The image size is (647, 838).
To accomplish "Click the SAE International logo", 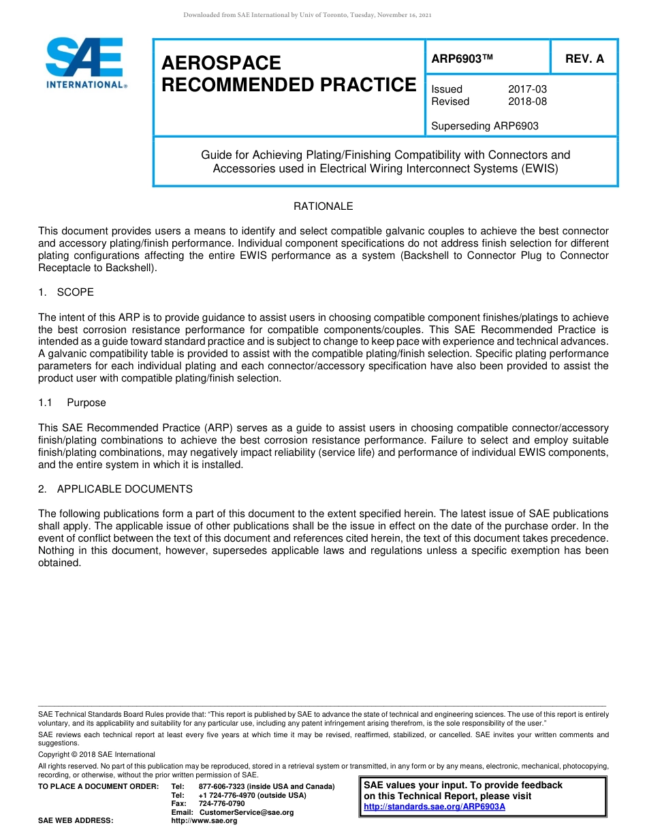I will (x=85, y=63).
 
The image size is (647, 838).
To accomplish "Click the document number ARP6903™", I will (x=462, y=59).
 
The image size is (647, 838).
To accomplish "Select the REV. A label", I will (x=584, y=59).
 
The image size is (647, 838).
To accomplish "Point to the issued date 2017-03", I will (x=527, y=89).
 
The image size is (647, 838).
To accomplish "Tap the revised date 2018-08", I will (x=527, y=102).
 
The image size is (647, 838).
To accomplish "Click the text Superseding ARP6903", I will (x=485, y=126).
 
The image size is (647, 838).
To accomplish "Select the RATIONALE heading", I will (x=323, y=206).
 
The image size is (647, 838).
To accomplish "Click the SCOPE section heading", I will (x=75, y=292).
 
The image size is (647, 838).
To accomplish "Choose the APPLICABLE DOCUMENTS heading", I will (x=124, y=489).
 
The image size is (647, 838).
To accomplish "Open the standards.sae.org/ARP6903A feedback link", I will (x=435, y=807).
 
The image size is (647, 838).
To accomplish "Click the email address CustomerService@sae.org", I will (x=246, y=812).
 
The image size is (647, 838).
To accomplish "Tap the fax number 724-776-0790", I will (x=221, y=804).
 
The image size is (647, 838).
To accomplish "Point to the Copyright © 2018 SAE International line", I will (x=97, y=754).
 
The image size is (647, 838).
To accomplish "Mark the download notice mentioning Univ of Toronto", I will (x=307, y=15).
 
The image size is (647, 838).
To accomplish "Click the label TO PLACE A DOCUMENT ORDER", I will (x=98, y=786).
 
